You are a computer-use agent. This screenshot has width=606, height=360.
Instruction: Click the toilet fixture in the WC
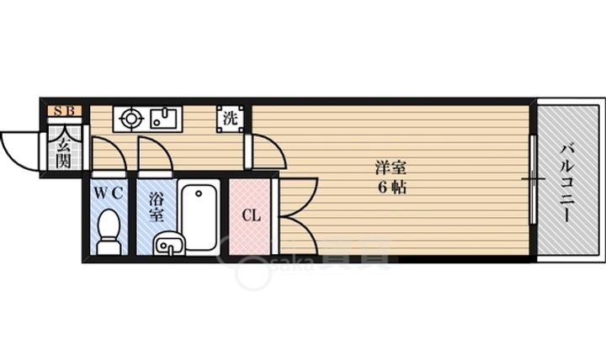[108, 231]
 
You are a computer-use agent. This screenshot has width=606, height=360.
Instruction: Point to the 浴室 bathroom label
[156, 207]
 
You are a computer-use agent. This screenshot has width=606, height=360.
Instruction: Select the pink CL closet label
[252, 215]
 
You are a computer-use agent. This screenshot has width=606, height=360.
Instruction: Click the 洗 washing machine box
[230, 119]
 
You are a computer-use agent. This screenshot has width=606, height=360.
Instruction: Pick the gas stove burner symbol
[131, 119]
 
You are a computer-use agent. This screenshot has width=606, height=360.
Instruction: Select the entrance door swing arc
[19, 150]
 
